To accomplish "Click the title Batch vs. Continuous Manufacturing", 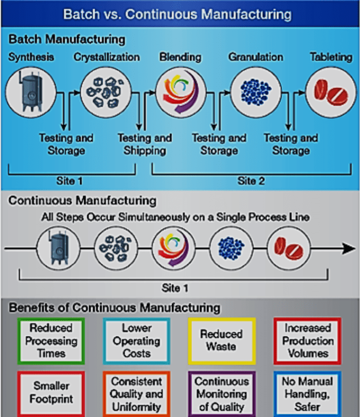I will point(177,14).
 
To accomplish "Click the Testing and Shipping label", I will point(144,144).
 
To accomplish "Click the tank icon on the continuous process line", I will point(58,249).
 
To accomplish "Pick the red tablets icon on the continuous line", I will point(288,249).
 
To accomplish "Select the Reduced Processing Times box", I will point(51,340).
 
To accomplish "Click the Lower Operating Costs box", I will point(136,340).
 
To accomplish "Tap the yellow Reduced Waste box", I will point(221,340).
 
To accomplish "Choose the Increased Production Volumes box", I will point(307,340).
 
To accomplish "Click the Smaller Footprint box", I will point(51,392).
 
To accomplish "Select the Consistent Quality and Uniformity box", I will point(136,393).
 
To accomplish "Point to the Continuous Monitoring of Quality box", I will point(221,393).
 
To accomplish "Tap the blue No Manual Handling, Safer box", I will point(307,393).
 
